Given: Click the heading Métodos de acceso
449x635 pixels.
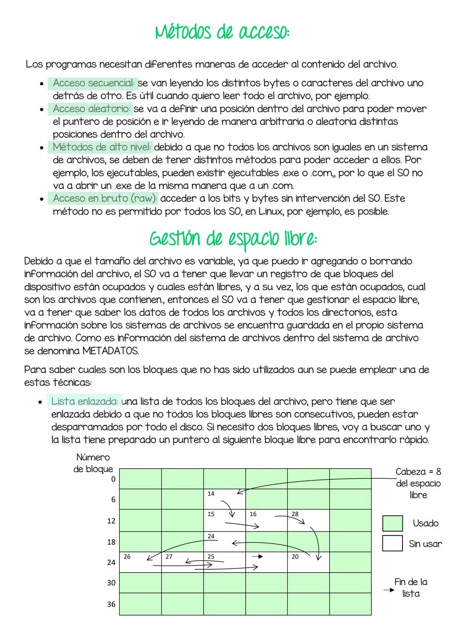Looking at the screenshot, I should coord(222,32).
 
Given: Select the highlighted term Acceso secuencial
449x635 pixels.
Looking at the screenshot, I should coord(93,83).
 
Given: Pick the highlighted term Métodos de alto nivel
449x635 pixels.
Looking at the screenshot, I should coord(102,147).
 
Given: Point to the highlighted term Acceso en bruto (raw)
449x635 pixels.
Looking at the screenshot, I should coord(105,198).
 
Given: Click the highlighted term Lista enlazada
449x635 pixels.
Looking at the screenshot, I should coord(84,401).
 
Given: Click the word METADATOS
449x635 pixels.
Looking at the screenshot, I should coord(110,351).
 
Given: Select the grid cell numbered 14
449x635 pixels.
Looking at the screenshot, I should coord(224,499).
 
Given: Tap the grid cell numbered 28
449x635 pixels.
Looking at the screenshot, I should coord(308,520).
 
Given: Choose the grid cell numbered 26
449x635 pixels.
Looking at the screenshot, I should coord(140,562).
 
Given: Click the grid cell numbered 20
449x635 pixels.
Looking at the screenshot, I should coord(308,562).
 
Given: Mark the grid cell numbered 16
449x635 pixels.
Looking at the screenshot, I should coord(266,520).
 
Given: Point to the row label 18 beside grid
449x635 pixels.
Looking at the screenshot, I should coord(111,542).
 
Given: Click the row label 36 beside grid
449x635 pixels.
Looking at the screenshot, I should coord(111,604).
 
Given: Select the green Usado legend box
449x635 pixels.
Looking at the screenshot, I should coord(392,523).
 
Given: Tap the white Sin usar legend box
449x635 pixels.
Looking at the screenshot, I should coord(392,543).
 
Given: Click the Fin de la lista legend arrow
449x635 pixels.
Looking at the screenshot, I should coord(388,590).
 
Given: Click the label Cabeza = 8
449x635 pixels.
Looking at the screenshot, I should coord(418,472).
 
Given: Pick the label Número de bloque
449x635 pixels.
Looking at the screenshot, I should coord(93,463).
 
